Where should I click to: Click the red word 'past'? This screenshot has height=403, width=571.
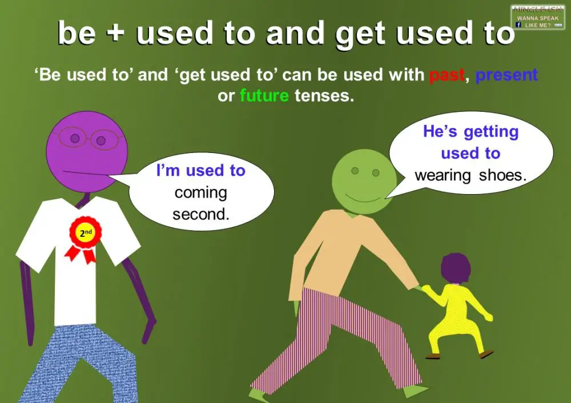pos(447,75)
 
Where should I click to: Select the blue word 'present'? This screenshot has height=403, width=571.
pos(506,75)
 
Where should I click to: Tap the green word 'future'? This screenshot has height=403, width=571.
pos(264,95)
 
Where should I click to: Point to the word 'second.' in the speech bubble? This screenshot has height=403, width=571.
pos(200,215)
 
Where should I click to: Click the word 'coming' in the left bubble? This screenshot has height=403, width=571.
pos(200,193)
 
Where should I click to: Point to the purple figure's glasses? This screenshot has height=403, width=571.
pos(86,138)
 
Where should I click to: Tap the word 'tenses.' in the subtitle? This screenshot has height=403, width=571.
pos(324,95)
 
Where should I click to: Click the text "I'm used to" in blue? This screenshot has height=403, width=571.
pos(200,171)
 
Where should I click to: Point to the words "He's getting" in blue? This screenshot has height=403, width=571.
pos(471,132)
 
